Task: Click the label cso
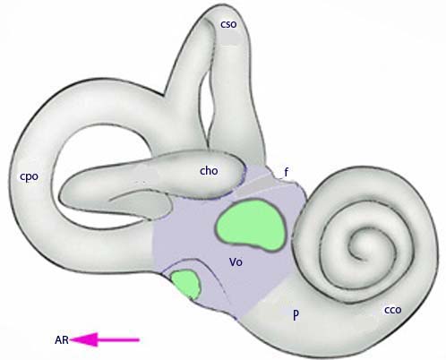pyautogui.click(x=228, y=24)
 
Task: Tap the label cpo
pyautogui.click(x=29, y=176)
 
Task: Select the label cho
pyautogui.click(x=209, y=171)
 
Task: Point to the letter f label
pyautogui.click(x=287, y=172)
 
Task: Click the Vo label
pyautogui.click(x=236, y=262)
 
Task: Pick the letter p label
pyautogui.click(x=296, y=315)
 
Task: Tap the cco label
pyautogui.click(x=392, y=310)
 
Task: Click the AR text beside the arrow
pyautogui.click(x=62, y=340)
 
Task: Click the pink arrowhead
pyautogui.click(x=84, y=339)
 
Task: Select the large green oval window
pyautogui.click(x=250, y=225)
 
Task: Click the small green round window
pyautogui.click(x=185, y=283)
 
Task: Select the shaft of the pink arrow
pyautogui.click(x=118, y=339)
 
